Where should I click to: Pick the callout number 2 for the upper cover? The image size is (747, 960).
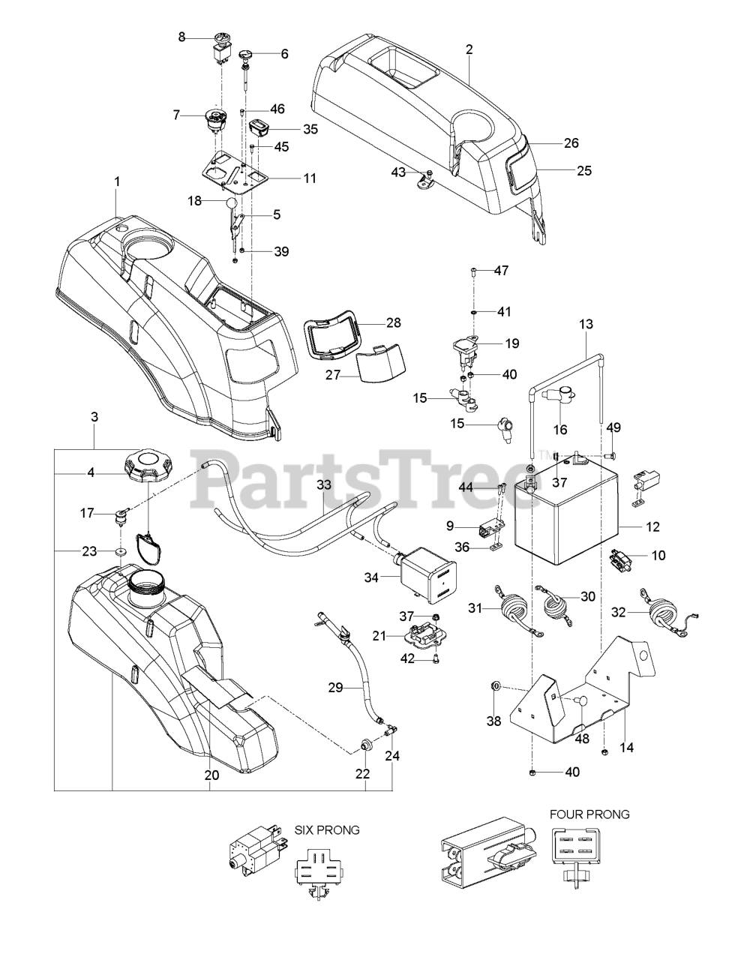(x=469, y=49)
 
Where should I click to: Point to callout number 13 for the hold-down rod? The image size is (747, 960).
(x=586, y=324)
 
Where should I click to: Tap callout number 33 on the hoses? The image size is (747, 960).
(x=323, y=485)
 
